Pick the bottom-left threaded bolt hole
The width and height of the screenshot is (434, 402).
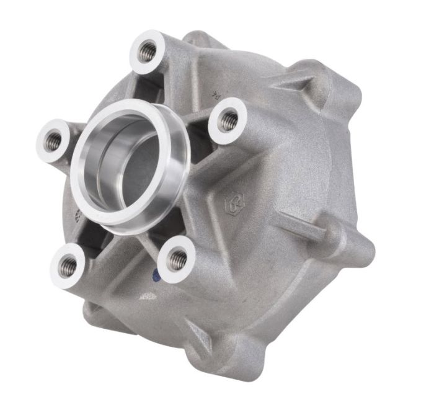(x=69, y=266)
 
